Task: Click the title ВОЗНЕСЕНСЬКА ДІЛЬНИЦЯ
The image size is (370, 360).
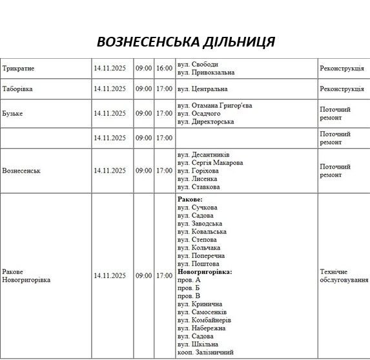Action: coord(185,42)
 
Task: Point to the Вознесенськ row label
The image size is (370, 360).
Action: coord(21,171)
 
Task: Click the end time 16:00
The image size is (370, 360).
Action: coord(164,68)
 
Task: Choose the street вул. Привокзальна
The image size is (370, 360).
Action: coord(206,72)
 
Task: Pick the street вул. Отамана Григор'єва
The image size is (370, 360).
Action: coord(214,105)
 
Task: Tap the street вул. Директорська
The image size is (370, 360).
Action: coord(205,122)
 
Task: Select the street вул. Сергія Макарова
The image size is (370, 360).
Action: coord(210,163)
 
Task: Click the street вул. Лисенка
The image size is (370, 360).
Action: coord(198,179)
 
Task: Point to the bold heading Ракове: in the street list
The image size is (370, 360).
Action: coord(190,200)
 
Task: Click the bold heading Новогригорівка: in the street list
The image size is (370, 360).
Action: coord(204,272)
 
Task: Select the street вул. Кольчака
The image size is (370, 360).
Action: coord(199,248)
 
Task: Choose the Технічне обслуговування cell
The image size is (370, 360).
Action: coord(344,276)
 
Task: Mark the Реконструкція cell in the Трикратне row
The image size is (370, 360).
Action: coord(342,68)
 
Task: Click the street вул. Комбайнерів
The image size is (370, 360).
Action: coord(204,320)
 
